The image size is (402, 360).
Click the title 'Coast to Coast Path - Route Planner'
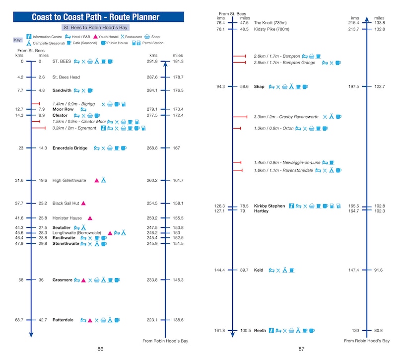point(96,17)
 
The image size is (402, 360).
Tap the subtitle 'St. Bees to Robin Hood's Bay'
point(95,28)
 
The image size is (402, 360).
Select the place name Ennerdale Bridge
point(70,148)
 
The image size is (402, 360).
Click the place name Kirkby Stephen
point(269,206)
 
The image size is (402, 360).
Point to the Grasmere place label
point(62,280)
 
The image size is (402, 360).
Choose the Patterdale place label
point(63,320)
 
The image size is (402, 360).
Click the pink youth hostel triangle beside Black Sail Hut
point(83,203)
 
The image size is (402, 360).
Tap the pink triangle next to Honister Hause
point(90,218)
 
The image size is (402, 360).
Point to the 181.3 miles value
point(178,62)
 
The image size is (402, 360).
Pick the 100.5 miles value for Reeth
point(244,331)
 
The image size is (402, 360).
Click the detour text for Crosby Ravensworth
point(286,117)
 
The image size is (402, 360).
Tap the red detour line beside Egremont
point(38,128)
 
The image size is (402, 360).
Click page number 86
point(100,349)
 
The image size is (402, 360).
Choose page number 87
point(301,349)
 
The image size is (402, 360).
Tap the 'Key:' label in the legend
point(18,40)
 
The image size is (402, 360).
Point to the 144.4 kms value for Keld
point(219,270)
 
